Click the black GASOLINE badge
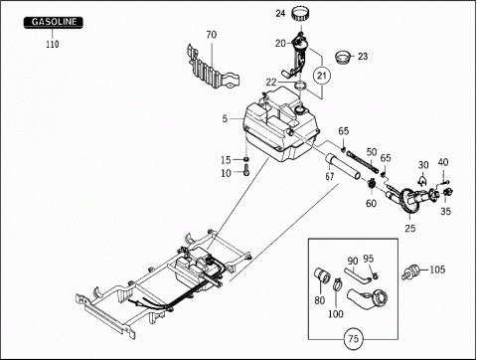(x=53, y=23)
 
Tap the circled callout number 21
(x=322, y=76)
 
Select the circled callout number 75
(x=353, y=339)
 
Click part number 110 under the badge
(x=53, y=44)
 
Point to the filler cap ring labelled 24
(x=301, y=15)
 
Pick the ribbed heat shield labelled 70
(x=213, y=68)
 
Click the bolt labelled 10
(x=246, y=171)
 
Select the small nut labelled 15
(x=246, y=159)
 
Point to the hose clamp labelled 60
(x=372, y=183)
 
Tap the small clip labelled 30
(x=422, y=181)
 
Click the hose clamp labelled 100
(x=337, y=284)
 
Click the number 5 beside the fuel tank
(x=225, y=118)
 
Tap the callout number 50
(x=372, y=152)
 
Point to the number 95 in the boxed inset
(x=369, y=259)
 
